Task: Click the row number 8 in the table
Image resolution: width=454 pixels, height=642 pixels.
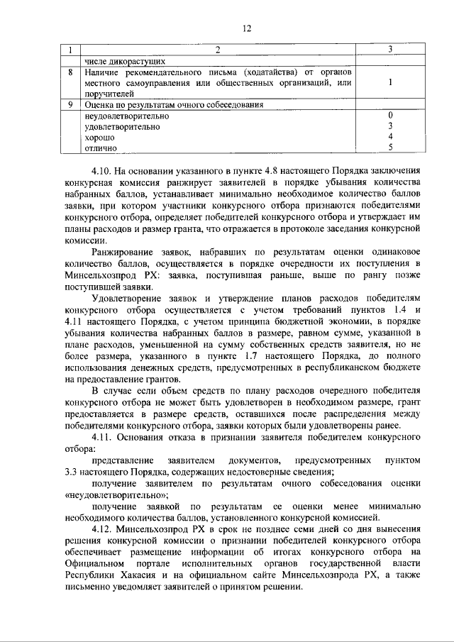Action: pyautogui.click(x=70, y=72)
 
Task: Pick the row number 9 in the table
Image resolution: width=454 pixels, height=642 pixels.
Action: pyautogui.click(x=70, y=104)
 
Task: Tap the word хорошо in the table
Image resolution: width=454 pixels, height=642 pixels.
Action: pyautogui.click(x=99, y=137)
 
